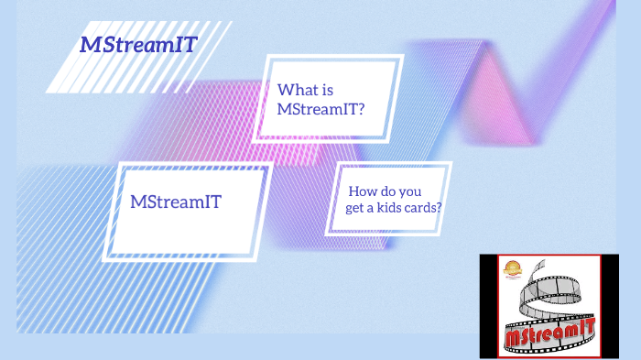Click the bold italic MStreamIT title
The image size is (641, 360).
click(x=138, y=44)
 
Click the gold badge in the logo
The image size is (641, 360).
click(x=512, y=271)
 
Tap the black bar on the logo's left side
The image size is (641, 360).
click(x=488, y=306)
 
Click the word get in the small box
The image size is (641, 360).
click(x=355, y=209)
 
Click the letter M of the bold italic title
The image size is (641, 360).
click(x=89, y=44)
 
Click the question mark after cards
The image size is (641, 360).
click(x=441, y=208)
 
